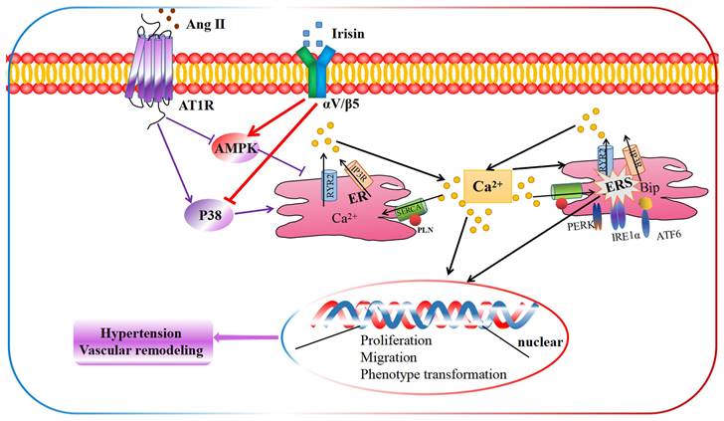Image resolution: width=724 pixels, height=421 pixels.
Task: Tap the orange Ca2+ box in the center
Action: pyautogui.click(x=486, y=186)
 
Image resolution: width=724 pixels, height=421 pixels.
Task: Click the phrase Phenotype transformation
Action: pyautogui.click(x=433, y=374)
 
